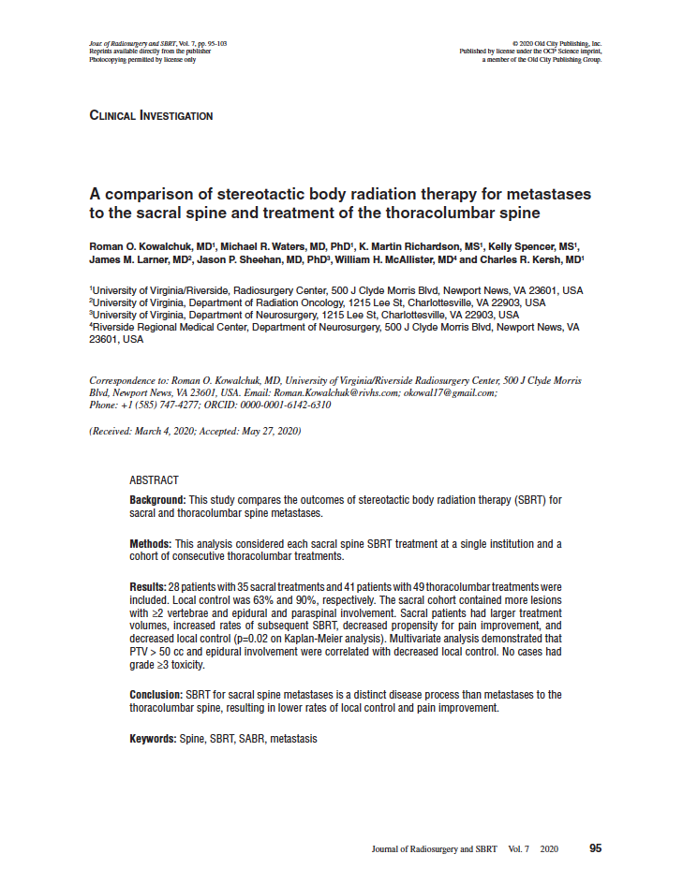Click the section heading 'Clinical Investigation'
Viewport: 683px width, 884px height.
(151, 116)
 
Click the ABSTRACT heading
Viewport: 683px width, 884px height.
(154, 480)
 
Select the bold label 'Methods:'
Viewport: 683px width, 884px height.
(150, 544)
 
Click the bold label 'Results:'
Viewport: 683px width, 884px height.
(147, 585)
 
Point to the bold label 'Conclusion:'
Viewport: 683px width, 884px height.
(156, 695)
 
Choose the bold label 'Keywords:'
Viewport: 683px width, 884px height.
(153, 739)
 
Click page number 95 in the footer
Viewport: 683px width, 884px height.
(596, 848)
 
